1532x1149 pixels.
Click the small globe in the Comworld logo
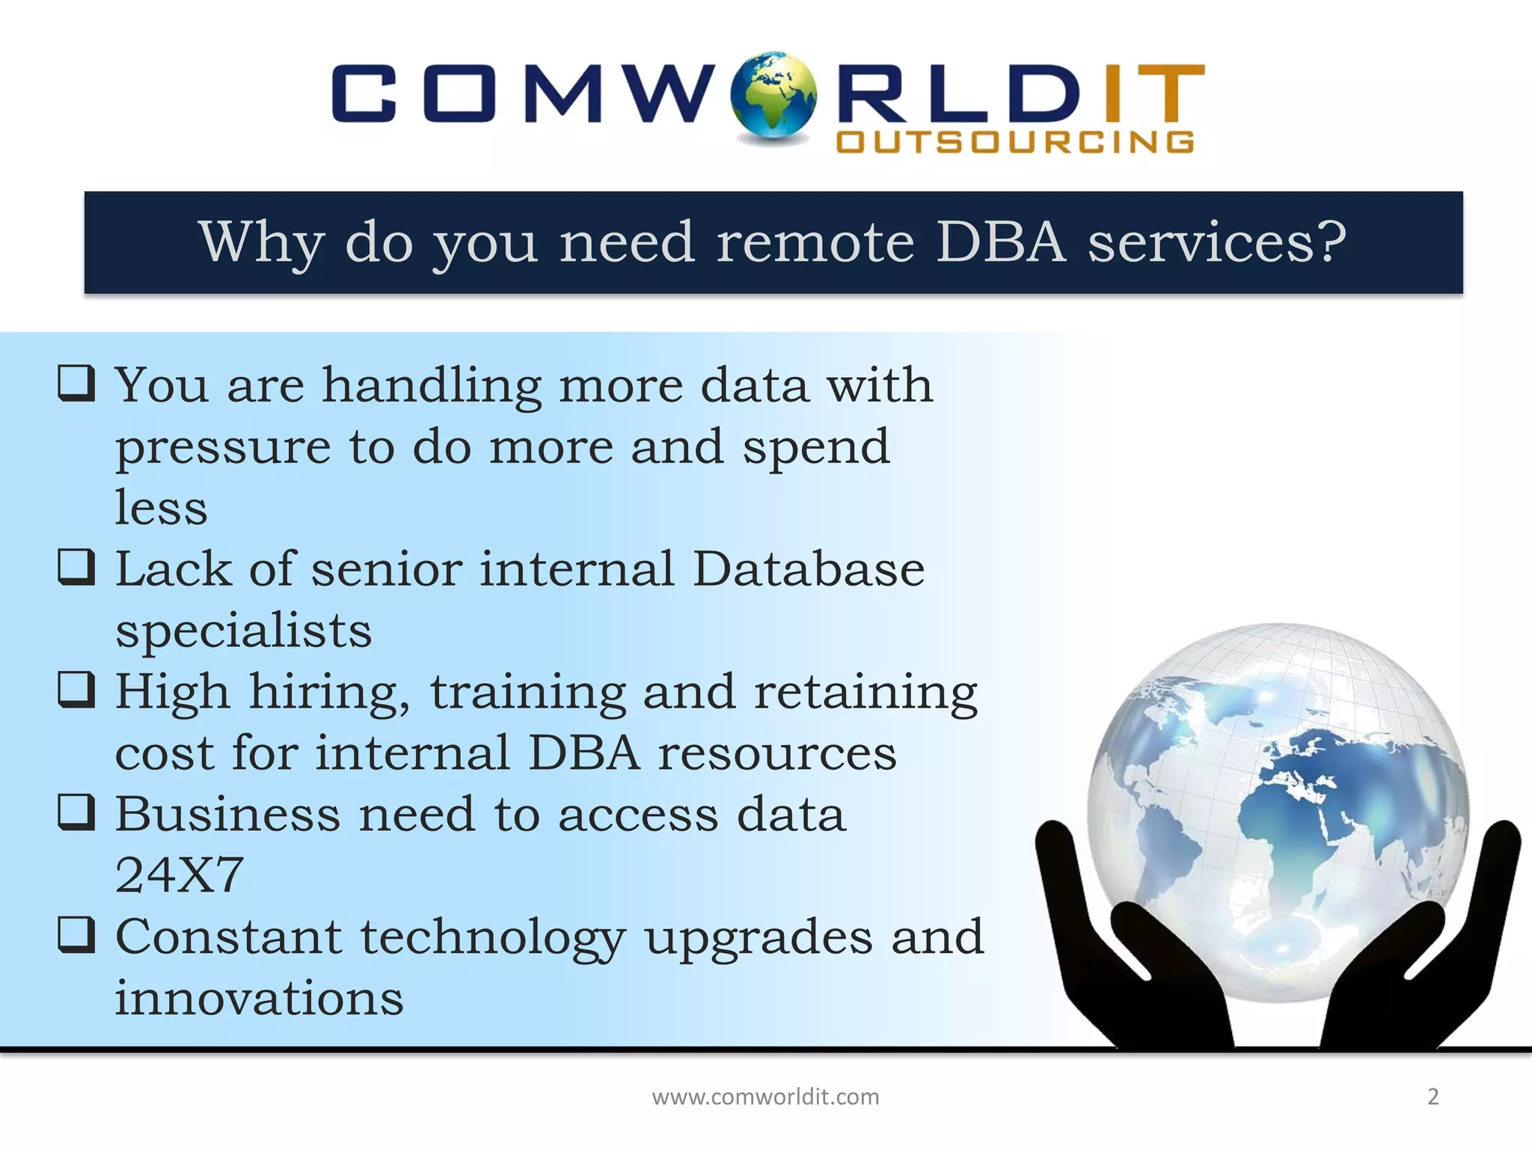[x=773, y=96]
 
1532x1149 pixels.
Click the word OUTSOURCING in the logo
[x=1015, y=142]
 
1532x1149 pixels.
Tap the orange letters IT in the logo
[x=1152, y=94]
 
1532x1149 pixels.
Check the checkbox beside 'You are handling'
[x=76, y=383]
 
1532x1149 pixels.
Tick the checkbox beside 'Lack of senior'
[x=76, y=567]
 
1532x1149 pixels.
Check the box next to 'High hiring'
[x=76, y=690]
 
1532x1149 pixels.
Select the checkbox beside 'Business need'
[x=76, y=812]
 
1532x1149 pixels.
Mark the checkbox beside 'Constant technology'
[x=76, y=935]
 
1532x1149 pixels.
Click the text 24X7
[x=180, y=874]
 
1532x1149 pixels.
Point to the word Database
[x=808, y=569]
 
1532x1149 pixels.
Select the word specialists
[x=243, y=630]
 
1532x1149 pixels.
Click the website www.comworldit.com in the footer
[x=765, y=1097]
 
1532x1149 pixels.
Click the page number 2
[x=1433, y=1097]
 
